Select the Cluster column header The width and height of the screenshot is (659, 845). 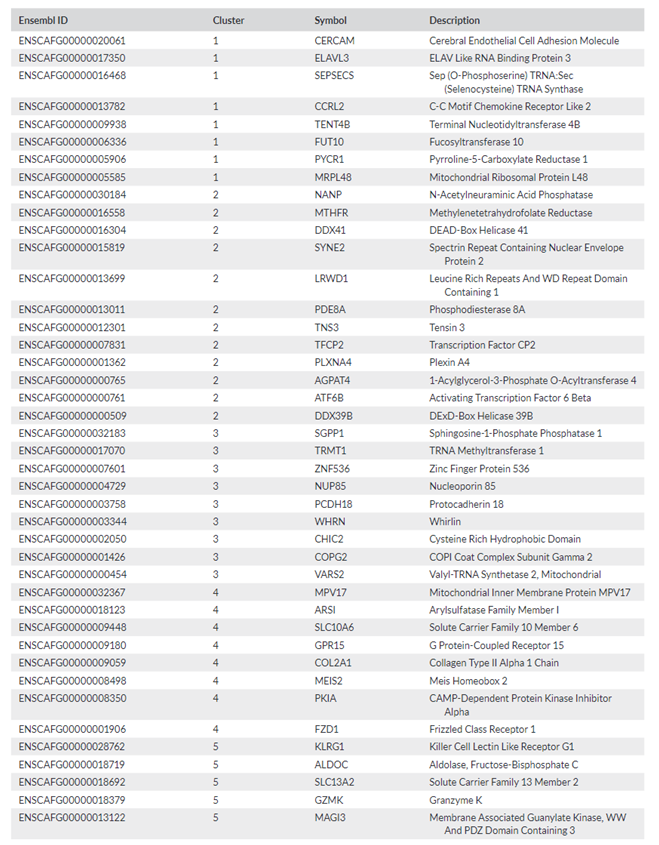[228, 20]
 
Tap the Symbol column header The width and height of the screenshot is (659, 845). [331, 20]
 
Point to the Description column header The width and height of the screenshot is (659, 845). [454, 20]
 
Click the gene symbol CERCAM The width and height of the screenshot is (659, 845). [334, 41]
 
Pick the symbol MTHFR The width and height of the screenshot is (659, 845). [331, 213]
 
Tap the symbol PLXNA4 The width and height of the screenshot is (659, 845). [333, 363]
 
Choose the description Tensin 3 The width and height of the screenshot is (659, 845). [447, 327]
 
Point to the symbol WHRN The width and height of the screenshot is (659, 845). [329, 522]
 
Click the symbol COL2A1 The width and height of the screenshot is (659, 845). [333, 663]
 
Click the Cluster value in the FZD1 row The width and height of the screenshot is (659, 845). [216, 729]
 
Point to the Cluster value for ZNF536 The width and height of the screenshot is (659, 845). [216, 469]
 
